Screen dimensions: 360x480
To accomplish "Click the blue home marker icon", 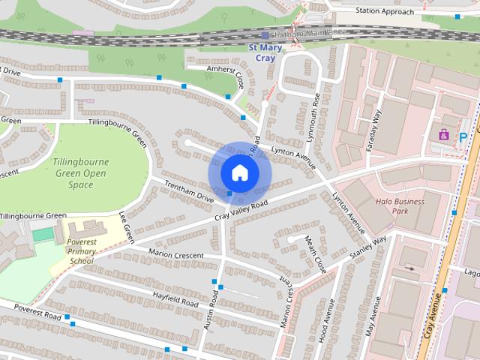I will (x=239, y=172).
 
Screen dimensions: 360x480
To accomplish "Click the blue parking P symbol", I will (x=463, y=137).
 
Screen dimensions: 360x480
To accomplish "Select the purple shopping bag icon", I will (x=443, y=135).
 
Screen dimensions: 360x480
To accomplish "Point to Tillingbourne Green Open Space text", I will (x=81, y=173).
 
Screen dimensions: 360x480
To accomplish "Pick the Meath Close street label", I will (x=316, y=253).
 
